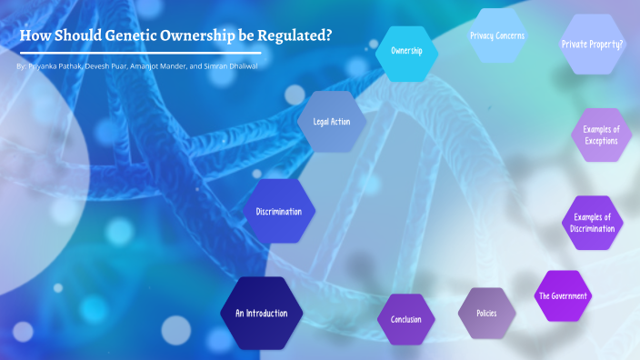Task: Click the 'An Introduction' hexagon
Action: click(262, 314)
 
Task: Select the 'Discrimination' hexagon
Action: click(278, 212)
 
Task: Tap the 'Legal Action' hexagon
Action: click(332, 121)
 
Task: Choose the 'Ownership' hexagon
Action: click(405, 52)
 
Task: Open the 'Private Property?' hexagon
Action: click(593, 44)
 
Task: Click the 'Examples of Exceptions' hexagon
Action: click(601, 135)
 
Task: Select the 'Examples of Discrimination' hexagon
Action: click(593, 223)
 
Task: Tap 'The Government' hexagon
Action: click(563, 296)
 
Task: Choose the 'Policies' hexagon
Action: click(487, 314)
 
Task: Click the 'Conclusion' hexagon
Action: click(405, 320)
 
